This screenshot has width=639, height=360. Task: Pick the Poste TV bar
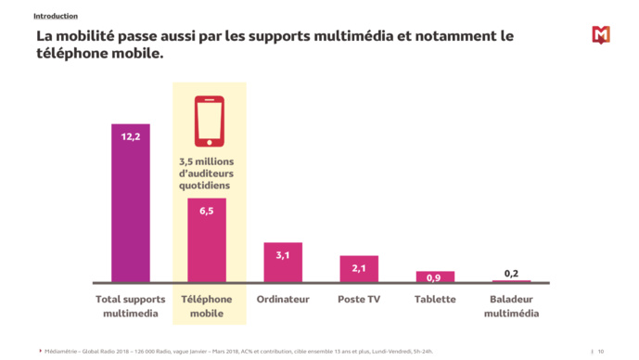coord(358,270)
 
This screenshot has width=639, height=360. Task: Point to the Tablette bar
coord(434,276)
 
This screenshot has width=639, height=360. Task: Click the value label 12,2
coord(130,136)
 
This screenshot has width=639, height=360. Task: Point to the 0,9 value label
coord(434,277)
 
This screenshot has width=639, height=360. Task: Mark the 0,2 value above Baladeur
coord(511,273)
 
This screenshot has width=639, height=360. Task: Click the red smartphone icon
coord(209,121)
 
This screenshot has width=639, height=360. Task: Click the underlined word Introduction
coord(56,16)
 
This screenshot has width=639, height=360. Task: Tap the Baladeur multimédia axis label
coord(511,306)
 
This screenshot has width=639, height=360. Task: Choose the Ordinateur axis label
coord(282,300)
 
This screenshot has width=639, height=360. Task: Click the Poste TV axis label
coord(358,300)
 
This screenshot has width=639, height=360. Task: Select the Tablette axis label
coord(434,300)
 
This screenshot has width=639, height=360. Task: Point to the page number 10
coord(601,351)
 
